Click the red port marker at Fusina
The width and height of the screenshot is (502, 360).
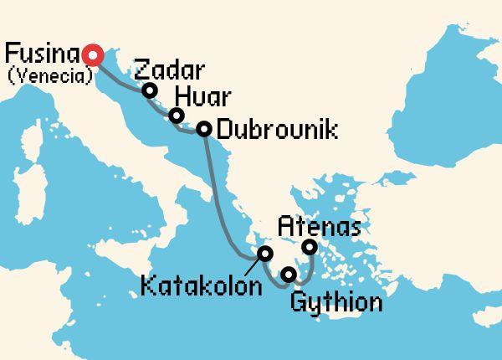(93, 54)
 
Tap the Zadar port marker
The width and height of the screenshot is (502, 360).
(150, 90)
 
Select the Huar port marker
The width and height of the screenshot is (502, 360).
(176, 116)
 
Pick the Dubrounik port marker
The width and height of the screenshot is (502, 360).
(202, 129)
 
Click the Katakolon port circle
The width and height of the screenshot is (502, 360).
(265, 253)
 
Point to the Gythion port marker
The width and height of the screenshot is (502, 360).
(289, 275)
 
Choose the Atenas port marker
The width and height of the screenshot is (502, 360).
(310, 246)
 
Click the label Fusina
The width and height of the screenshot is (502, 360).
(42, 54)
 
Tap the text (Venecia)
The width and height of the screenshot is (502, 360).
(47, 79)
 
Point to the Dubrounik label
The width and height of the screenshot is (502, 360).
(277, 130)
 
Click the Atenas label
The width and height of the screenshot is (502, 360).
(320, 224)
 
